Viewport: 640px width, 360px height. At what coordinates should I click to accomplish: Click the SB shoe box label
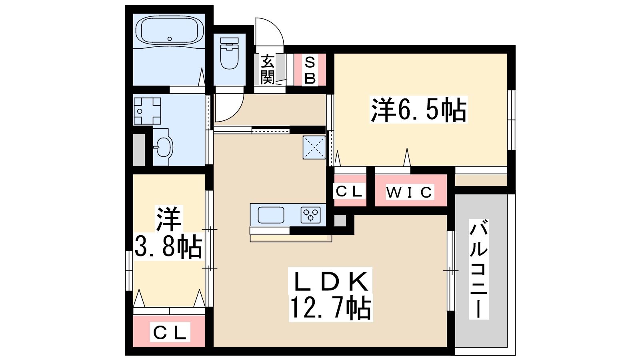point(310,70)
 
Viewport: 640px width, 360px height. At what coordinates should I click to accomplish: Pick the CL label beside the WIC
point(349,191)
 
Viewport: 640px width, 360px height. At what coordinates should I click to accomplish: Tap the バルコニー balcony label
point(478,268)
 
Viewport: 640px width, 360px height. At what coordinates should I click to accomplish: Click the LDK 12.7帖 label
point(330,294)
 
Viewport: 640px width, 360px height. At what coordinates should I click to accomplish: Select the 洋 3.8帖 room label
point(168,232)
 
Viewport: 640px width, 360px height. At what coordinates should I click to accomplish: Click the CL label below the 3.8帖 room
point(170,333)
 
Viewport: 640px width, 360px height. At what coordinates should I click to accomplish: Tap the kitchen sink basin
point(271,215)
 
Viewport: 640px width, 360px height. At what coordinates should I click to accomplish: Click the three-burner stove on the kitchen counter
point(311,215)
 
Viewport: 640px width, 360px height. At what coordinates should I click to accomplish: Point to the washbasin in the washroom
point(163,148)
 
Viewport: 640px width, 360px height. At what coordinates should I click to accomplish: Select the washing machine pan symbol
point(147,111)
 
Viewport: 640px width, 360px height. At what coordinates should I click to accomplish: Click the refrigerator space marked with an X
point(314,147)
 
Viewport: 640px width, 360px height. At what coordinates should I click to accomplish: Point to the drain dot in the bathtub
point(170,39)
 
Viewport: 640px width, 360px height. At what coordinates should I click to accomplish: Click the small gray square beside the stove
point(340,220)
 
